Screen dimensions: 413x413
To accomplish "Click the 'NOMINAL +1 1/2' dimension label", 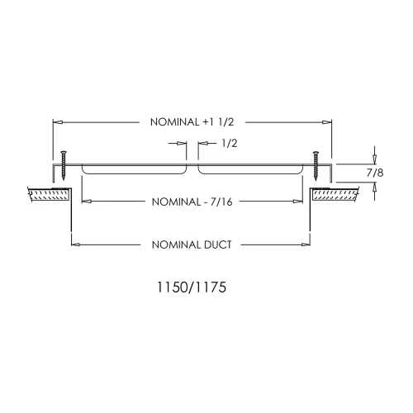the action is click(x=192, y=122).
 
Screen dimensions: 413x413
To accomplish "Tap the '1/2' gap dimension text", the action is click(x=230, y=144).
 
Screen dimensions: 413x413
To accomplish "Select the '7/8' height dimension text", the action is click(x=375, y=173).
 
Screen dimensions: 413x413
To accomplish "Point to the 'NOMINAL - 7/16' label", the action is click(x=192, y=202).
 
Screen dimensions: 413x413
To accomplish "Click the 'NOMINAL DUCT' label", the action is click(x=192, y=244).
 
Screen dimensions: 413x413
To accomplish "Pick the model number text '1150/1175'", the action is click(x=192, y=287).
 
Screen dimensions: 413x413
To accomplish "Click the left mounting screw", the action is click(x=64, y=165).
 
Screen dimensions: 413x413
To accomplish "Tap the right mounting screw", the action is click(x=316, y=166).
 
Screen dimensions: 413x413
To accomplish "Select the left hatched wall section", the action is click(x=49, y=194).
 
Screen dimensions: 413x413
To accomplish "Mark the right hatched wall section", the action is click(x=335, y=194).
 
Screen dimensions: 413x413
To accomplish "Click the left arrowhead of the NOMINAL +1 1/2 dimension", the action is click(x=57, y=122).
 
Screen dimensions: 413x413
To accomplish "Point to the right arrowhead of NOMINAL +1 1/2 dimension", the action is click(x=327, y=122).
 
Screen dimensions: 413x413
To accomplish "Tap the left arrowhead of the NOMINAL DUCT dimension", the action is click(x=76, y=244).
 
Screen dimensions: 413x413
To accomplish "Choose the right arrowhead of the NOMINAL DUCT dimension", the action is click(x=306, y=244).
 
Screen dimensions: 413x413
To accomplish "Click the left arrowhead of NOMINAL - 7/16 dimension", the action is click(x=87, y=202).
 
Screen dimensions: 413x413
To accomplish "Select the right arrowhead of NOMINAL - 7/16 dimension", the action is click(x=298, y=202).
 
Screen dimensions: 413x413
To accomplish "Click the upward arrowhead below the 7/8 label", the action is click(x=374, y=188).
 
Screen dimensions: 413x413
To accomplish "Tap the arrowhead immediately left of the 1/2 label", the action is click(x=202, y=143).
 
